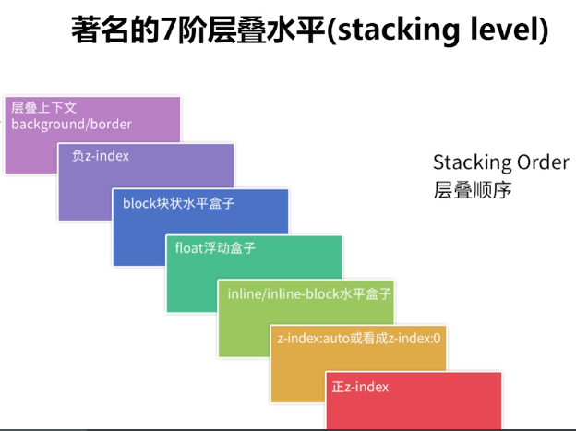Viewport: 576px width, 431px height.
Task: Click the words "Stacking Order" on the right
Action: click(500, 162)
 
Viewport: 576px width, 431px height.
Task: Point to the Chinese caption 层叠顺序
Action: click(472, 190)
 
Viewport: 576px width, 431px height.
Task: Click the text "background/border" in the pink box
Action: click(71, 124)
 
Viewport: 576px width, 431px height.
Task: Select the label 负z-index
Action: click(101, 156)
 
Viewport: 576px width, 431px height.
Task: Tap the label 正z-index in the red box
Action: click(360, 386)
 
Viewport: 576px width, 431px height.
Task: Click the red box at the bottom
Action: click(415, 411)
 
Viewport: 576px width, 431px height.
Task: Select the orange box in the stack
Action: click(295, 378)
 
